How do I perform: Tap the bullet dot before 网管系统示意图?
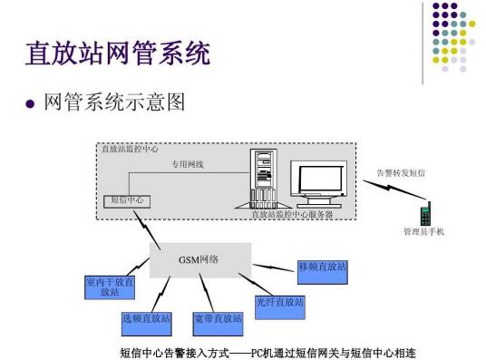pos(32,102)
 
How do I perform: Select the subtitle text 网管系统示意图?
pos(114,101)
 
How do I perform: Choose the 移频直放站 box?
pos(322,267)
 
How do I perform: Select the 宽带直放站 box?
pos(218,319)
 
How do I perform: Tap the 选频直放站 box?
pos(146,319)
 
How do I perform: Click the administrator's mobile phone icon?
pos(424,214)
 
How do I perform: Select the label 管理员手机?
pos(423,232)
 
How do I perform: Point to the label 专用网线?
pos(190,164)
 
